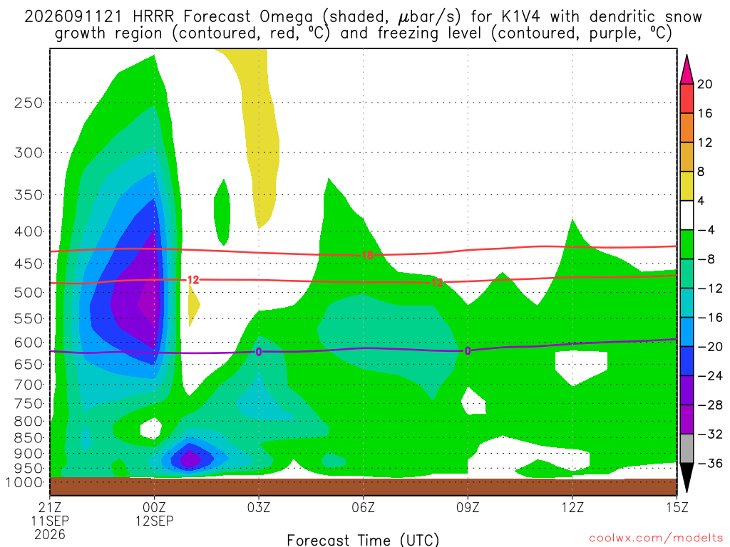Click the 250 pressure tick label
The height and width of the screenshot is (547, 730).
click(29, 103)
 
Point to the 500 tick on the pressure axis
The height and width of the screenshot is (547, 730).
click(29, 293)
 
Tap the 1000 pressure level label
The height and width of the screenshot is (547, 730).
click(25, 482)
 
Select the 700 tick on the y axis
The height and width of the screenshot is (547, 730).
click(29, 385)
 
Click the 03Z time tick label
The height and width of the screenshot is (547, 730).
click(259, 507)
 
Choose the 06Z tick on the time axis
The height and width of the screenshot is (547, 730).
click(363, 507)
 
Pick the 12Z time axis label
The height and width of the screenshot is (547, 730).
click(572, 507)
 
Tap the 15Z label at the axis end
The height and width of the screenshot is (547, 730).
click(677, 507)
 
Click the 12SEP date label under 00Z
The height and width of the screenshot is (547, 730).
click(154, 521)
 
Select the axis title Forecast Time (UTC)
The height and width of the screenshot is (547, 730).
click(363, 540)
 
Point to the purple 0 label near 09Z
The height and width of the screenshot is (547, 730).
click(468, 351)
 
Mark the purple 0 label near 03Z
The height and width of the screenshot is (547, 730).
click(259, 352)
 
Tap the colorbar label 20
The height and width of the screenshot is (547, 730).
click(705, 84)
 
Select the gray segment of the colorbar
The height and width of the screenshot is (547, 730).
click(687, 449)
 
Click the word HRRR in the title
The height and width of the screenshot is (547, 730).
click(153, 17)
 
